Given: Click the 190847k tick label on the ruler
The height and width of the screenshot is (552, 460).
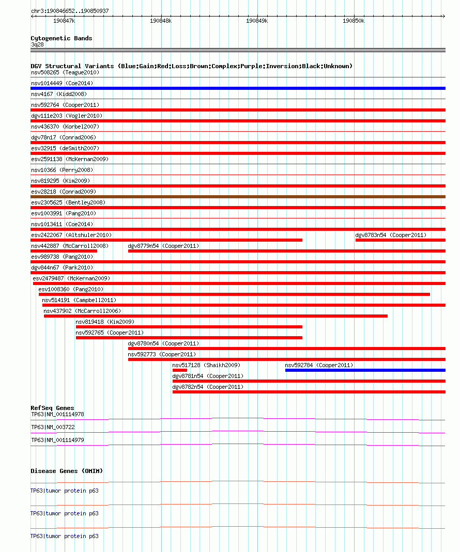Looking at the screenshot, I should pyautogui.click(x=64, y=21).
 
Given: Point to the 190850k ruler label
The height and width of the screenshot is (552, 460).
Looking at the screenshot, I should pyautogui.click(x=354, y=21).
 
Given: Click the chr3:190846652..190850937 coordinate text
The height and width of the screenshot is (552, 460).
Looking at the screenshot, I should pyautogui.click(x=70, y=10).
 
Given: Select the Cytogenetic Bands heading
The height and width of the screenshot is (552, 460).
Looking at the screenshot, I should pyautogui.click(x=61, y=38).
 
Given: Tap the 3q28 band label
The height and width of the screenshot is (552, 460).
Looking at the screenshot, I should pyautogui.click(x=37, y=44).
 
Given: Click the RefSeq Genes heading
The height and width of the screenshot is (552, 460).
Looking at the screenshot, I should pyautogui.click(x=52, y=408).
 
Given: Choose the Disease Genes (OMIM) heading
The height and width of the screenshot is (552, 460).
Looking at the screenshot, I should pyautogui.click(x=66, y=471).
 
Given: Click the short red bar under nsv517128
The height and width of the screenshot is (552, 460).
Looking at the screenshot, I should pyautogui.click(x=179, y=370).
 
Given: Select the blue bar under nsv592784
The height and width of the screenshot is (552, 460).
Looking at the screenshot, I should pyautogui.click(x=365, y=370).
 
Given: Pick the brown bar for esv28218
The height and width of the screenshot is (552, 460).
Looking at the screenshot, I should pyautogui.click(x=238, y=197).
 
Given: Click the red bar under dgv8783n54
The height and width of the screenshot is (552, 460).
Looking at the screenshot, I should pyautogui.click(x=400, y=240).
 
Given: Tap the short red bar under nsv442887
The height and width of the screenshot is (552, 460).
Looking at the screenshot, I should pyautogui.click(x=64, y=251).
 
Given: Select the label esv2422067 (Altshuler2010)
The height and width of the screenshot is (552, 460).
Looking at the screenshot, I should pyautogui.click(x=71, y=235).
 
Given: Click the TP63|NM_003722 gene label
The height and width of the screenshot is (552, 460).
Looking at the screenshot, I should pyautogui.click(x=53, y=427).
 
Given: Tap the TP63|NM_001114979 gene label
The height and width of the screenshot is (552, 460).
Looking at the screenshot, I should pyautogui.click(x=57, y=440).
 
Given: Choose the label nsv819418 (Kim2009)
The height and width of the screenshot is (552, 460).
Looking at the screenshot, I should pyautogui.click(x=104, y=322).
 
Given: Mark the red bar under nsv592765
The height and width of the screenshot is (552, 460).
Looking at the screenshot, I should pyautogui.click(x=189, y=338).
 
